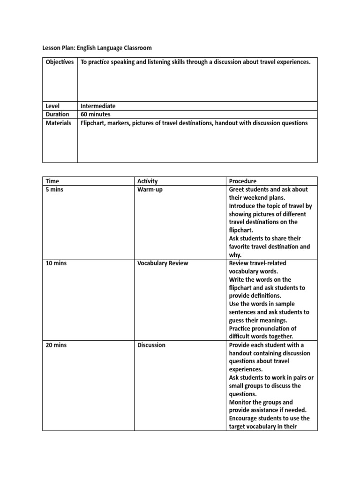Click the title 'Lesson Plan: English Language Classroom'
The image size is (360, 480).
point(97,48)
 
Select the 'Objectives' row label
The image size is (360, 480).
point(60,62)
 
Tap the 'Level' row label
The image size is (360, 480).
point(52,106)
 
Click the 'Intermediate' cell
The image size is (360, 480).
point(98,106)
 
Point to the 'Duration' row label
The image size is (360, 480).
point(57,114)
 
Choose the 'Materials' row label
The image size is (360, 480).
point(58,123)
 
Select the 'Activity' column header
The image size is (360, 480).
point(147,181)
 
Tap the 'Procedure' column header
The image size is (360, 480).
point(242,181)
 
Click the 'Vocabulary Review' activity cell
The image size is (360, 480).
point(162,263)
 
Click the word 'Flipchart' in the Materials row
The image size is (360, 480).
point(94,123)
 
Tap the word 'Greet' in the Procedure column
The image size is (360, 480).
point(237,189)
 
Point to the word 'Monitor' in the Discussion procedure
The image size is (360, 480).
point(241,402)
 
